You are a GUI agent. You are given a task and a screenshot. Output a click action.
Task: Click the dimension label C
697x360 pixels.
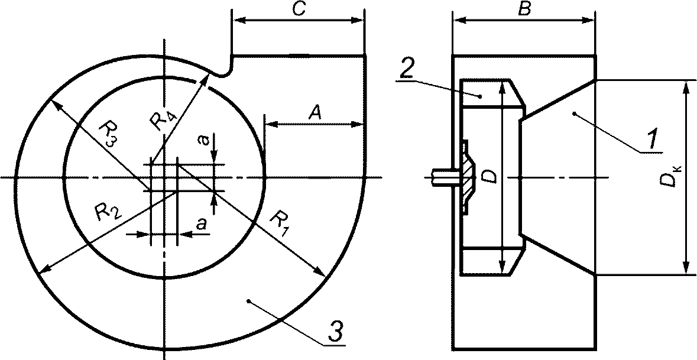click(299, 10)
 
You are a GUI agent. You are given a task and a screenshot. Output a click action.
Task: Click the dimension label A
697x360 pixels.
click(315, 114)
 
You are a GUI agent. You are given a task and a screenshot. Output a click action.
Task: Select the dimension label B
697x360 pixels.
click(524, 10)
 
